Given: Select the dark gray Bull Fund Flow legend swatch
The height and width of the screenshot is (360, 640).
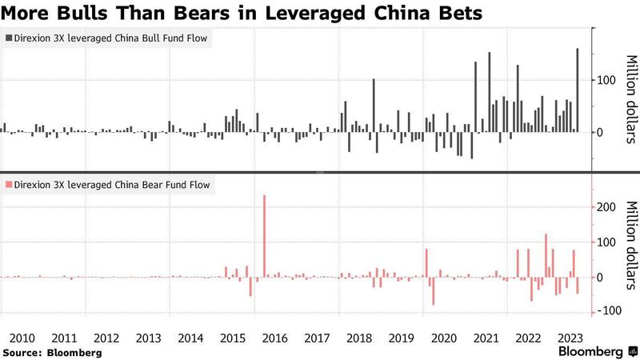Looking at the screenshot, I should pyautogui.click(x=9, y=38).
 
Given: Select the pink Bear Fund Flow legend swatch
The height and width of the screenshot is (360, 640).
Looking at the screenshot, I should pyautogui.click(x=9, y=185).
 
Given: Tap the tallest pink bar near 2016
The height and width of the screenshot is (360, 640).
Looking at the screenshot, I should pyautogui.click(x=264, y=236).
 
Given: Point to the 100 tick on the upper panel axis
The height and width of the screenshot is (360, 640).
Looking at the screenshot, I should pyautogui.click(x=604, y=80).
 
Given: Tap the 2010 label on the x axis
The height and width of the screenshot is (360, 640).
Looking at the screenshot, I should pyautogui.click(x=22, y=338).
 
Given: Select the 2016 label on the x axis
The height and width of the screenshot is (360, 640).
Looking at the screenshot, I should pyautogui.click(x=274, y=338).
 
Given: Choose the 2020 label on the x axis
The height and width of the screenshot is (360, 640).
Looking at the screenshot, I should pyautogui.click(x=442, y=338).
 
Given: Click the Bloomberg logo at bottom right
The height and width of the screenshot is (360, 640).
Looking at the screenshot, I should pyautogui.click(x=590, y=351).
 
